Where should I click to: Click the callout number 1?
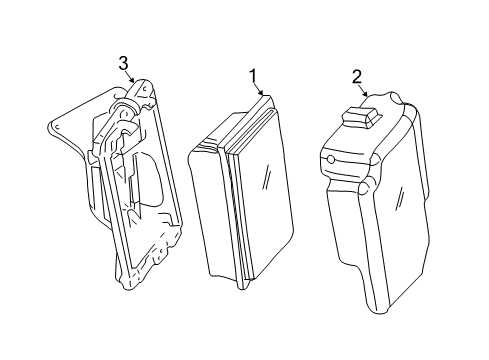point(253,75)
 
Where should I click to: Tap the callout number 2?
point(357,77)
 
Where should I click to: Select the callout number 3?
point(123,63)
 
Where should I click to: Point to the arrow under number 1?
point(258,88)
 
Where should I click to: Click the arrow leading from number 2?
point(362,89)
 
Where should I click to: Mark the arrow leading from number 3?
point(129,76)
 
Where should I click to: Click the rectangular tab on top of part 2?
point(362,117)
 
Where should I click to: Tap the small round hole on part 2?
point(331,160)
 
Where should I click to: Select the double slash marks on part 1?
point(267,177)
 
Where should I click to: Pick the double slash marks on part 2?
point(400,198)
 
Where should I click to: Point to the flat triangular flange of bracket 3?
point(83,120)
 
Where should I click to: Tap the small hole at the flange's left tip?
point(57,127)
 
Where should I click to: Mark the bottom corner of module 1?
point(242,287)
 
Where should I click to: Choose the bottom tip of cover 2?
point(380,312)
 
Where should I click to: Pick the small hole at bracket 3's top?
point(145,89)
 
